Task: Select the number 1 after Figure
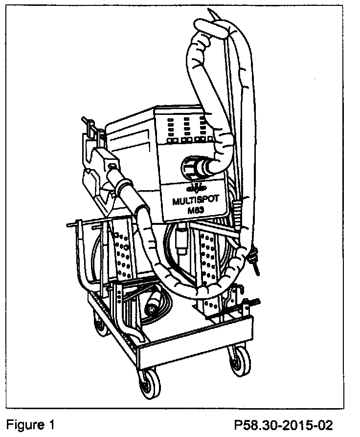51,423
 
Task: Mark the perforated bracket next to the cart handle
122,249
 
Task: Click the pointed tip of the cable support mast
211,11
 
